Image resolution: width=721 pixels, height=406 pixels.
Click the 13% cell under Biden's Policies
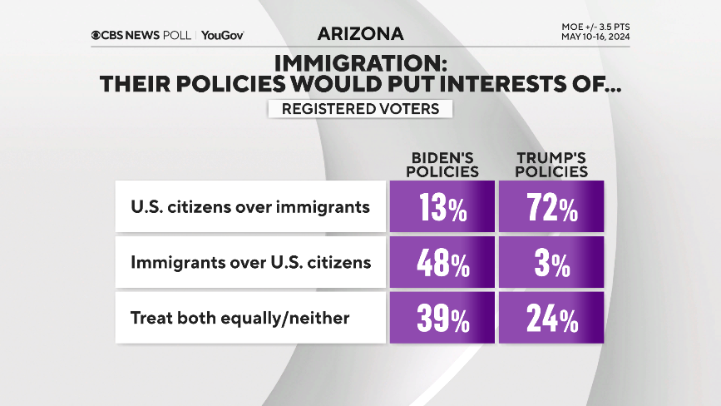[442, 206]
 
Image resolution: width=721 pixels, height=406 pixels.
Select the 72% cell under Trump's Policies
[551, 206]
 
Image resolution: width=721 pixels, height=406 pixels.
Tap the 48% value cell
[442, 264]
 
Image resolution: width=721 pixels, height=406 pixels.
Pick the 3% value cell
[551, 264]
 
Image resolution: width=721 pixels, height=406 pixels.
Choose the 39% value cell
[442, 318]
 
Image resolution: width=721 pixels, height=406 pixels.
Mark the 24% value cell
[551, 318]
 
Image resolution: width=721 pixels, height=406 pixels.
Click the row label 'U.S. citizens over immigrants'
[250, 207]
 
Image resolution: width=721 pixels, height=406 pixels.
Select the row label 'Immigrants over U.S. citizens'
[250, 263]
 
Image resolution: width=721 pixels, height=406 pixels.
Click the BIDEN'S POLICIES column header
[446, 165]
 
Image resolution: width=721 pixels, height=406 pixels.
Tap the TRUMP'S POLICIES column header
[551, 165]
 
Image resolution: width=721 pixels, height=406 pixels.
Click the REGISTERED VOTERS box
[360, 109]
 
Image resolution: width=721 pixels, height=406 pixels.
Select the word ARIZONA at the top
[360, 34]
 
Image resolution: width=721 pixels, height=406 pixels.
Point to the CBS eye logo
[96, 35]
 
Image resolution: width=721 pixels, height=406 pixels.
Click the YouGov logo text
[222, 35]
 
